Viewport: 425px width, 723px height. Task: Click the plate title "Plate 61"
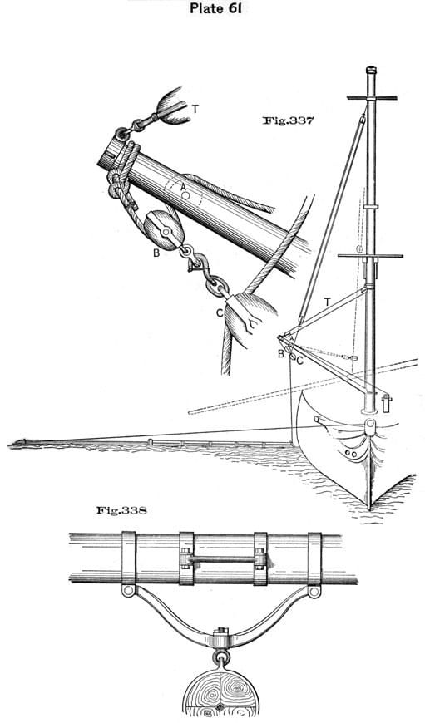(216, 8)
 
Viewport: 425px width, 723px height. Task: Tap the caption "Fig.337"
(288, 120)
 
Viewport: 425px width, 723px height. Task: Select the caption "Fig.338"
(121, 510)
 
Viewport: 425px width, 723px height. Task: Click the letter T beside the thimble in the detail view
(195, 109)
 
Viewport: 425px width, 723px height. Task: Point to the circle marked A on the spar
(185, 195)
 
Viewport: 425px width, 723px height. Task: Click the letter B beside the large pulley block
(156, 253)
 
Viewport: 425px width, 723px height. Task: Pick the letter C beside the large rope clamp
(220, 313)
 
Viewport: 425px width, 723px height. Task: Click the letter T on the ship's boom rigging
(327, 302)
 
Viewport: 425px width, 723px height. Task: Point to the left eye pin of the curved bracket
(129, 591)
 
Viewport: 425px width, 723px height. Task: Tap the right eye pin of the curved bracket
(314, 591)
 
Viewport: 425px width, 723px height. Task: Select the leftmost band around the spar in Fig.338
(129, 558)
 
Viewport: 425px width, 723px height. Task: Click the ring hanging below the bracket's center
(220, 657)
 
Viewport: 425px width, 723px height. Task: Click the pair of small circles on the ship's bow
(351, 454)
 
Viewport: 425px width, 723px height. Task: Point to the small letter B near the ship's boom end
(280, 354)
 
